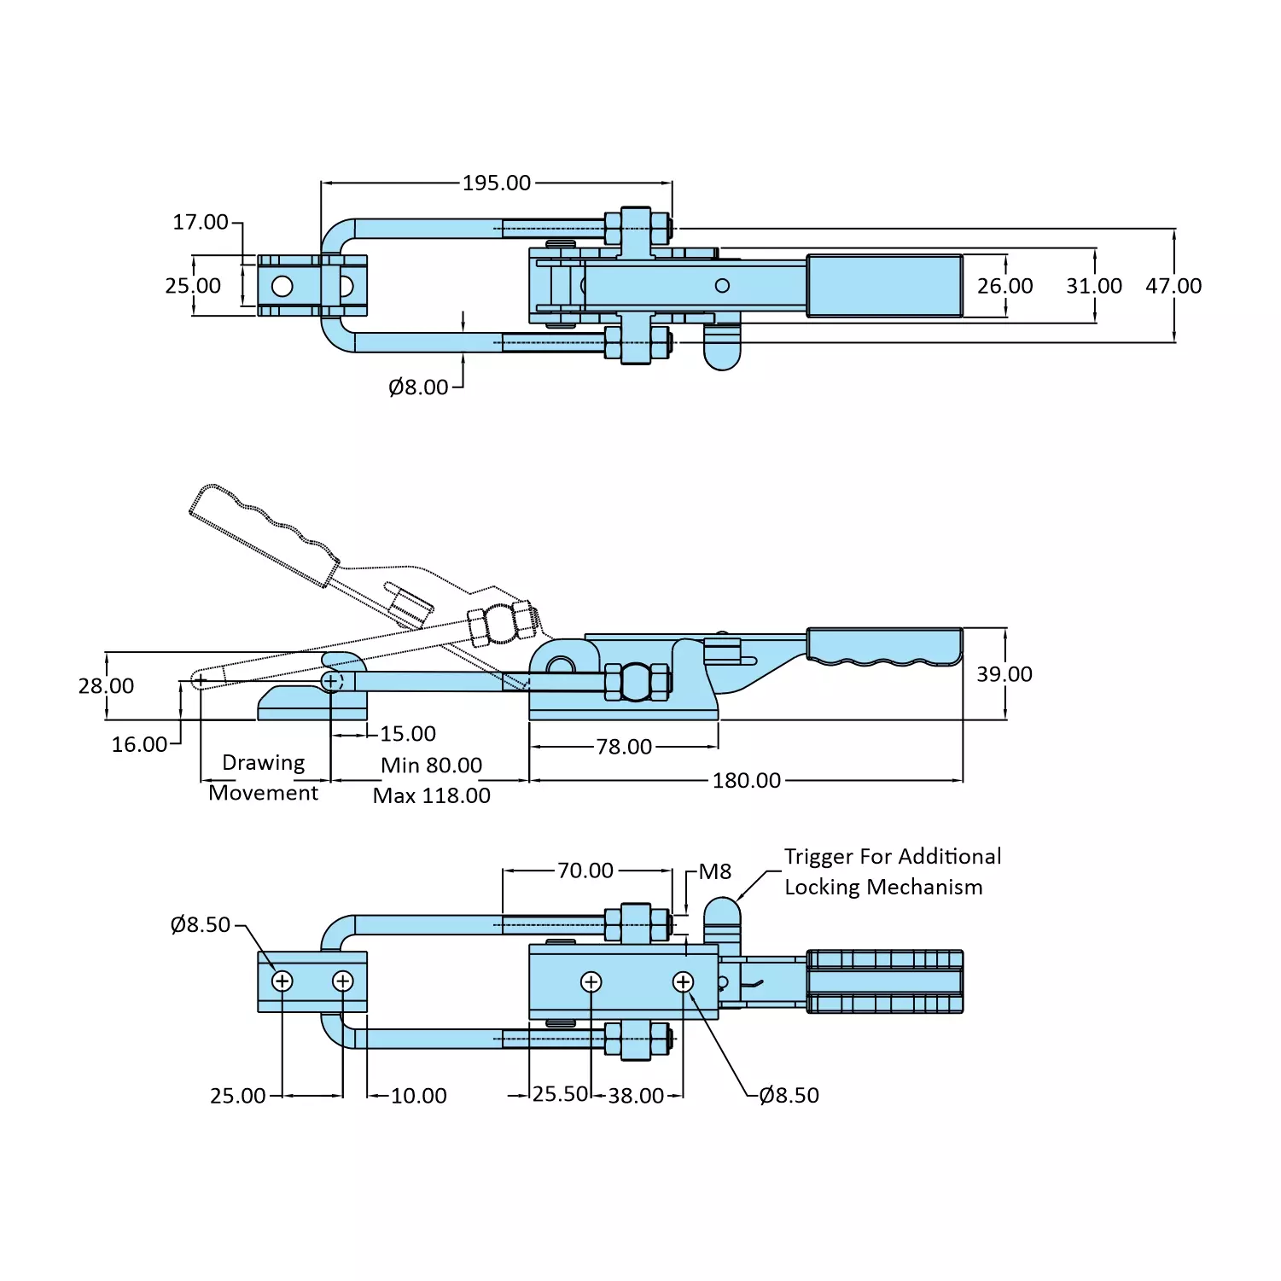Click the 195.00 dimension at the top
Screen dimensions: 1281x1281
(x=497, y=183)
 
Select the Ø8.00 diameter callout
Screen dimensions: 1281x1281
(x=418, y=387)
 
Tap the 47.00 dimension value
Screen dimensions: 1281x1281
(x=1173, y=286)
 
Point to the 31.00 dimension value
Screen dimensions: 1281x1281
(x=1093, y=286)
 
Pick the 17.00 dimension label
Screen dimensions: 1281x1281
(x=201, y=222)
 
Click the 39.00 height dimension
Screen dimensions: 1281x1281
(x=1004, y=674)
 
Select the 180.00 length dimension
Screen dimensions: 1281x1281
(x=746, y=780)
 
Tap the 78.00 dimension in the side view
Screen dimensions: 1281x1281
(x=624, y=747)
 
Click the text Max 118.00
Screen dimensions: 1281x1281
(x=432, y=795)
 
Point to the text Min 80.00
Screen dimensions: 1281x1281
(x=432, y=765)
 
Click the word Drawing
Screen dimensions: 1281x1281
(x=263, y=762)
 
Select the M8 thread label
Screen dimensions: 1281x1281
(x=715, y=871)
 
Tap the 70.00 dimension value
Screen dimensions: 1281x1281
(x=585, y=870)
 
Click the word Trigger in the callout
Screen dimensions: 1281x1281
(x=818, y=856)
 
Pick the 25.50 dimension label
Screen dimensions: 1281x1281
(x=560, y=1094)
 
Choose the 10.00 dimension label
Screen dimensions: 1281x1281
(x=418, y=1095)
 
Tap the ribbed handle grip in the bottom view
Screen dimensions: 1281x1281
(x=884, y=981)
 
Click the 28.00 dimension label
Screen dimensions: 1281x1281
(x=106, y=686)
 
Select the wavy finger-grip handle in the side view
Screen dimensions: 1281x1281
(x=884, y=646)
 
